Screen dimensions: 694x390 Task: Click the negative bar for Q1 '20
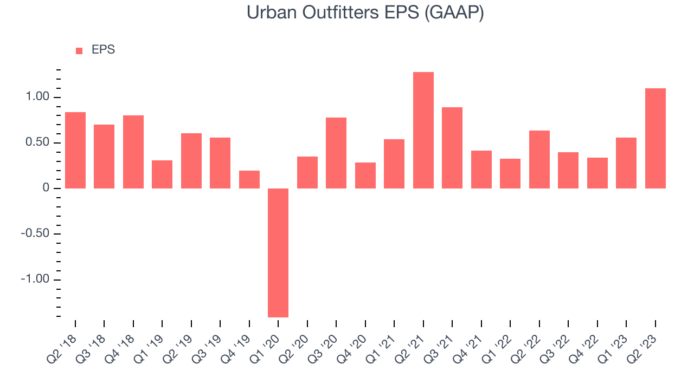[278, 253]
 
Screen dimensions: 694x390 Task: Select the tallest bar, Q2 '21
[423, 131]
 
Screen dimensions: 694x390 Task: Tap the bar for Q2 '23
[656, 138]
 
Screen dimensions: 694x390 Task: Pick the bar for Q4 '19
[249, 179]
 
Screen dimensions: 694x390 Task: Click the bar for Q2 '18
[75, 151]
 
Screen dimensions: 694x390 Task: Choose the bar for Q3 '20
[336, 153]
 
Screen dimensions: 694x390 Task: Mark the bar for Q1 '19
[162, 174]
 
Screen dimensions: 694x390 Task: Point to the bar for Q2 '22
[539, 159]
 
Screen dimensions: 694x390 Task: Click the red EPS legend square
[79, 51]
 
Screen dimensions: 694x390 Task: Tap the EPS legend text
[103, 50]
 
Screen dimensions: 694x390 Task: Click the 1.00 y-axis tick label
[37, 97]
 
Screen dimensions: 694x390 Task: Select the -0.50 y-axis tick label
[35, 233]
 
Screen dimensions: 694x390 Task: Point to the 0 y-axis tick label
[46, 188]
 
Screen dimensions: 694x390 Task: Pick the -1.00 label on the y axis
[35, 279]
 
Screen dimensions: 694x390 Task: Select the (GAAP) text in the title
[454, 14]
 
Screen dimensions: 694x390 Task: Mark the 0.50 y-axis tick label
[37, 142]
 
